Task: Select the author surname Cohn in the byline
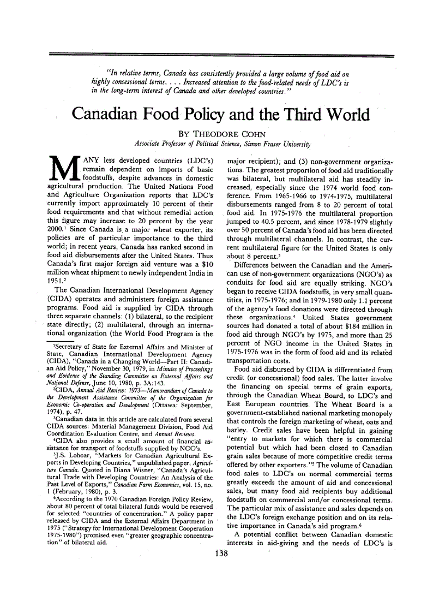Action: tap(244, 133)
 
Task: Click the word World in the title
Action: tap(339, 115)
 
